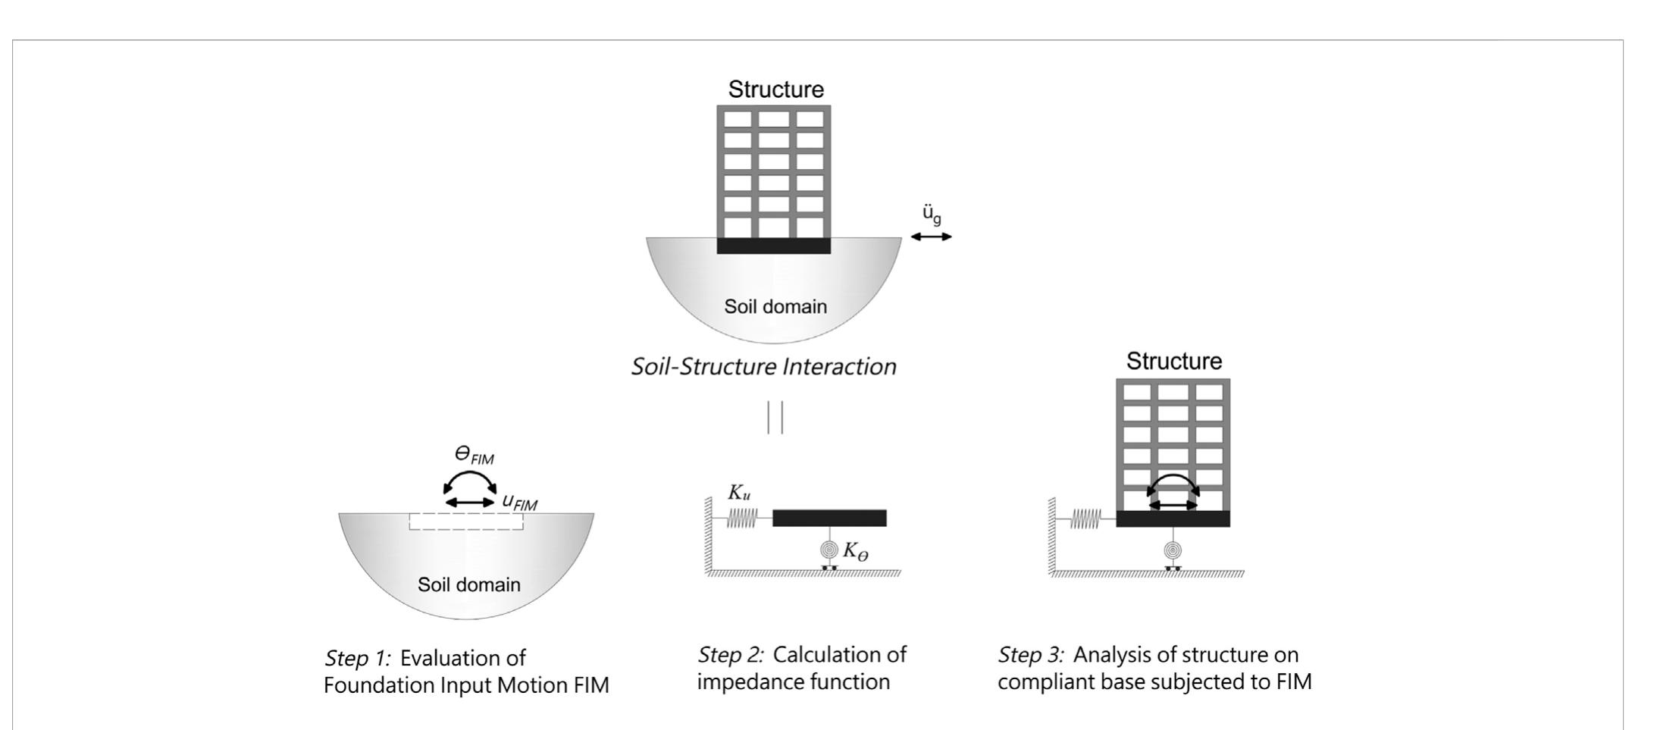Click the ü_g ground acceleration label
pos(932,215)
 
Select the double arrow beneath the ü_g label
pos(931,237)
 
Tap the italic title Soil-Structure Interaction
pos(763,367)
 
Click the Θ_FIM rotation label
pos(474,456)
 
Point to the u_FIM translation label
pos(519,501)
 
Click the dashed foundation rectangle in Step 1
pos(466,522)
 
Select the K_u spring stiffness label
pos(739,493)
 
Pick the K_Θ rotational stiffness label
pos(856,553)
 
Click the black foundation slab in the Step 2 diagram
pos(829,519)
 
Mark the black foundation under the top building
pos(774,246)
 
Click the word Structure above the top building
pos(775,89)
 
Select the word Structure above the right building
pos(1173,362)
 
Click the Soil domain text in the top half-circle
pos(775,307)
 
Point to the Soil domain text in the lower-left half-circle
pos(469,584)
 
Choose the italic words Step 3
pos(1031,655)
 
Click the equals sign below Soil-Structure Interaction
pos(775,417)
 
